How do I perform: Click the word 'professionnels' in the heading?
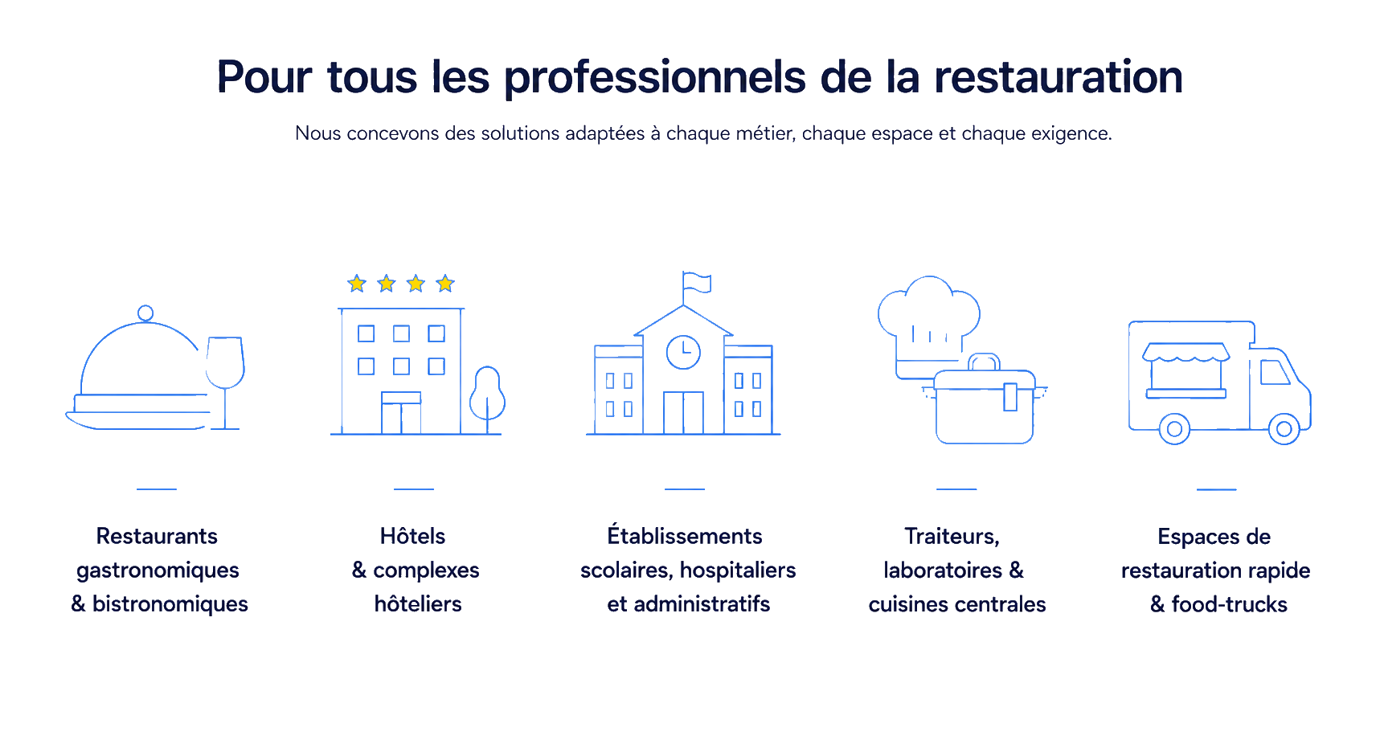(655, 79)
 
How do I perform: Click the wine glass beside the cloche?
(225, 382)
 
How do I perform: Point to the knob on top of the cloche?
(145, 313)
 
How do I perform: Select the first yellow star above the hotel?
(357, 284)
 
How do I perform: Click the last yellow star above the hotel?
(445, 284)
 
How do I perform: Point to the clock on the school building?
(683, 352)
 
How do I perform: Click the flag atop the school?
(697, 283)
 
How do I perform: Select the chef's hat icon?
(929, 325)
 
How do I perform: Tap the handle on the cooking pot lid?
(985, 362)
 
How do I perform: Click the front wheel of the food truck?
(1284, 429)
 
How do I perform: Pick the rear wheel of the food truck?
(1174, 429)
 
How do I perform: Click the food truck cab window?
(1275, 373)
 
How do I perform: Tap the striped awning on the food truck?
(1186, 352)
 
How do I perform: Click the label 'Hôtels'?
(412, 536)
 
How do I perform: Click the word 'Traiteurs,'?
(952, 537)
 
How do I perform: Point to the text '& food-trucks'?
(1218, 604)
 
